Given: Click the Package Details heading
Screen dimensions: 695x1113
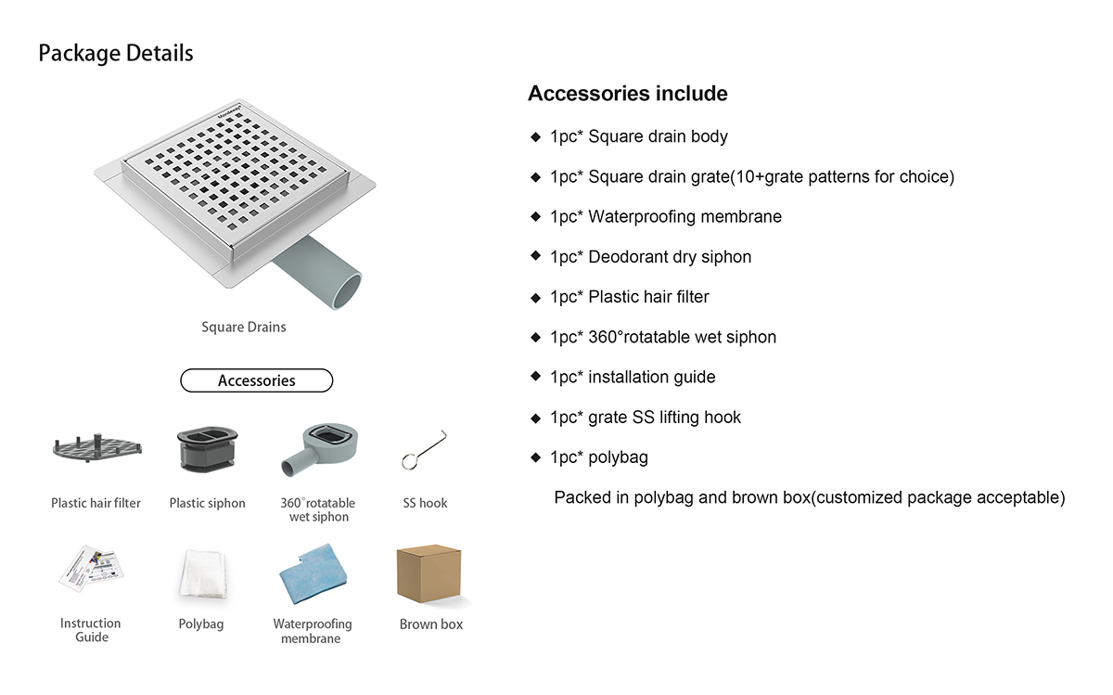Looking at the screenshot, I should [116, 53].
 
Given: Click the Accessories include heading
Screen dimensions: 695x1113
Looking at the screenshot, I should [627, 94].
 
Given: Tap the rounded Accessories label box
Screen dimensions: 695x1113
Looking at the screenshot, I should [256, 380].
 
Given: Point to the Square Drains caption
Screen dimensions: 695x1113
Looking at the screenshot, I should [244, 327].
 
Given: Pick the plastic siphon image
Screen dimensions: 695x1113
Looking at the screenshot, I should [207, 450].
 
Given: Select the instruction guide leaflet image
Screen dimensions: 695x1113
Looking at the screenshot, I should [91, 569].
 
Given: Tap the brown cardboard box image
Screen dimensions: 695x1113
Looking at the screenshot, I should [429, 573].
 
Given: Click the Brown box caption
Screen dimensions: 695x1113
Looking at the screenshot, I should [431, 624].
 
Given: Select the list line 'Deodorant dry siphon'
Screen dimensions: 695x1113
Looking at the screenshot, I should [650, 257].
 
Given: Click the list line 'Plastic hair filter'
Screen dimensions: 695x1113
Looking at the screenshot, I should [629, 297].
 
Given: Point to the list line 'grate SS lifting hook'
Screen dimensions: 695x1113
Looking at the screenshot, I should [646, 418].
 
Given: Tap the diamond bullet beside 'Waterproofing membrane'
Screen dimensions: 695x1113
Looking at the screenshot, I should [535, 217].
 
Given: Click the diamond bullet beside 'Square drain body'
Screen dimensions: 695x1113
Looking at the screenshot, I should [535, 137].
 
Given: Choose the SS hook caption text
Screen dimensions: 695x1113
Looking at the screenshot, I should [425, 503].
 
